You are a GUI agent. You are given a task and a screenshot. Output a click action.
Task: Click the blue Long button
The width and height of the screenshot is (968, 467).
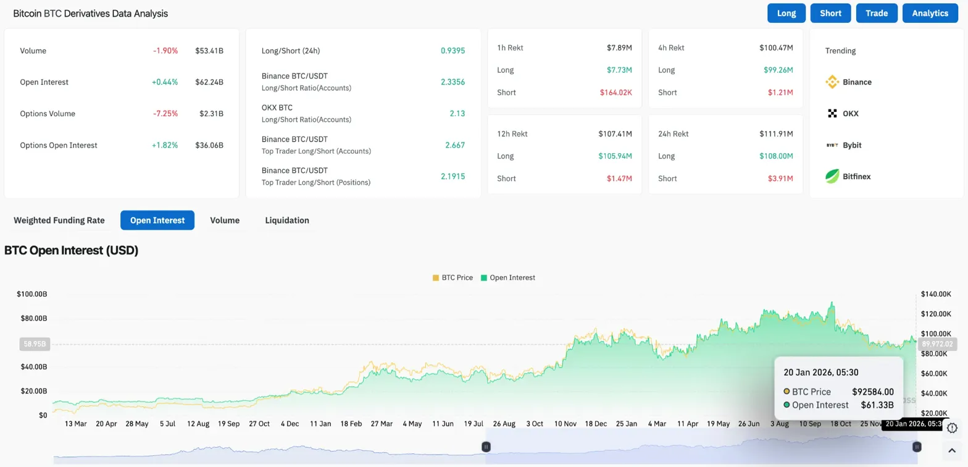pyautogui.click(x=786, y=13)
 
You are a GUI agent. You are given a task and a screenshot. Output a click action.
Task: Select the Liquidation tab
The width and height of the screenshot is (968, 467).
pyautogui.click(x=287, y=220)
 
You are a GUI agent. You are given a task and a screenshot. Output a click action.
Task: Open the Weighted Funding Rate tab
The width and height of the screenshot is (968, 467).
pyautogui.click(x=59, y=220)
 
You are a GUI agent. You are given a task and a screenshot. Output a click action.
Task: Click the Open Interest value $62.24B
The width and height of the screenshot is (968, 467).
pyautogui.click(x=209, y=82)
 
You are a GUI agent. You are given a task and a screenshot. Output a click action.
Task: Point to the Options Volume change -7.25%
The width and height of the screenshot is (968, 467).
pyautogui.click(x=165, y=114)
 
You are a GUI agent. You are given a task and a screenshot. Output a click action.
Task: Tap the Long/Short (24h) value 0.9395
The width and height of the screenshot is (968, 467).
pyautogui.click(x=453, y=51)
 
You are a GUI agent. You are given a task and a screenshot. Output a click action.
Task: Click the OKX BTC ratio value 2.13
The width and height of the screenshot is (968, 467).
pyautogui.click(x=457, y=114)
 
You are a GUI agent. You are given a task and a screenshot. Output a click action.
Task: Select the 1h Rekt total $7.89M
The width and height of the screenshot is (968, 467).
pyautogui.click(x=619, y=48)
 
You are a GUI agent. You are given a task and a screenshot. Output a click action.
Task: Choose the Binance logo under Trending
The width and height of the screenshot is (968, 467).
pyautogui.click(x=832, y=82)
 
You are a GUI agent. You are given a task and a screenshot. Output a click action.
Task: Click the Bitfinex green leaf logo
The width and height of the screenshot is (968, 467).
pyautogui.click(x=832, y=177)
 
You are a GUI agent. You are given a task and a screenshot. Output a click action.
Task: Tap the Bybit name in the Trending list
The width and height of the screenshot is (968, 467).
pyautogui.click(x=852, y=145)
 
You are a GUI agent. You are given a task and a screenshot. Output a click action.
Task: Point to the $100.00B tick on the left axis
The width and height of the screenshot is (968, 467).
pyautogui.click(x=32, y=294)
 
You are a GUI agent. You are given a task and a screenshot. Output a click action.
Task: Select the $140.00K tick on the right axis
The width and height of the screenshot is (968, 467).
pyautogui.click(x=933, y=294)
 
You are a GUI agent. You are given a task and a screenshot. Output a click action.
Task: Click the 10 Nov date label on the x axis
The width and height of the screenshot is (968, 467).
pyautogui.click(x=565, y=424)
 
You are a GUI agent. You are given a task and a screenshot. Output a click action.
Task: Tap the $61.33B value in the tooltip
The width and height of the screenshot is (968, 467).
pyautogui.click(x=877, y=405)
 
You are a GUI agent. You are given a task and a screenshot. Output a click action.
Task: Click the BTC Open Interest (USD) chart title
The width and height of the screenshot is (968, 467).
pyautogui.click(x=71, y=250)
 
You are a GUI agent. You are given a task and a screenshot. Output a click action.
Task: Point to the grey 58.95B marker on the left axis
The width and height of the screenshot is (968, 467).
pyautogui.click(x=34, y=343)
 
